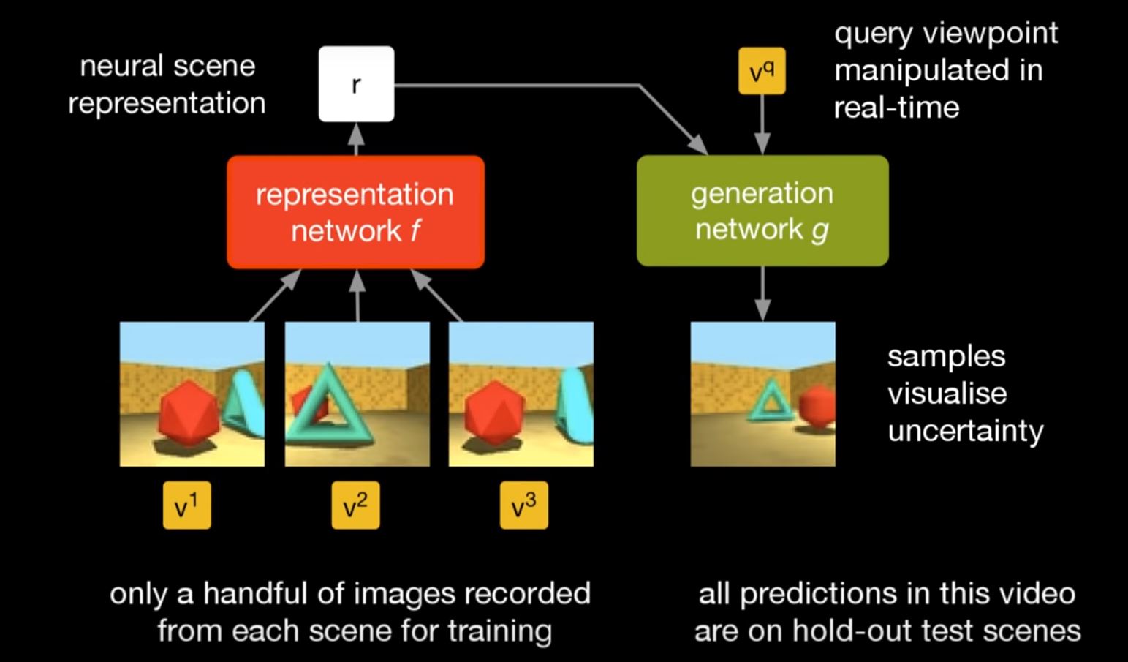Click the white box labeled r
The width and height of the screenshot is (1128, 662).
tap(356, 84)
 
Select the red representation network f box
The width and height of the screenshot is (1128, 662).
tap(355, 212)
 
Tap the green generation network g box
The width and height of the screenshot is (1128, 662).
tap(762, 211)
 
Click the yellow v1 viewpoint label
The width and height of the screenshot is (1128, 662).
tap(187, 505)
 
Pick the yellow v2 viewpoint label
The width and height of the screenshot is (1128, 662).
tap(355, 505)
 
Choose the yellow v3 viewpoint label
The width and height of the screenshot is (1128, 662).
tap(523, 505)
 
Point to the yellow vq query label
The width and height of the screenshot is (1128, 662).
tap(762, 71)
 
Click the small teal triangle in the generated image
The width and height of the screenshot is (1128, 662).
tap(768, 402)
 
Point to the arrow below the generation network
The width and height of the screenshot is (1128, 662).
tap(762, 293)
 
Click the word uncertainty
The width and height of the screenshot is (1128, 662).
tap(965, 431)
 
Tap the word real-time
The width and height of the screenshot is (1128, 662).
tap(896, 108)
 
